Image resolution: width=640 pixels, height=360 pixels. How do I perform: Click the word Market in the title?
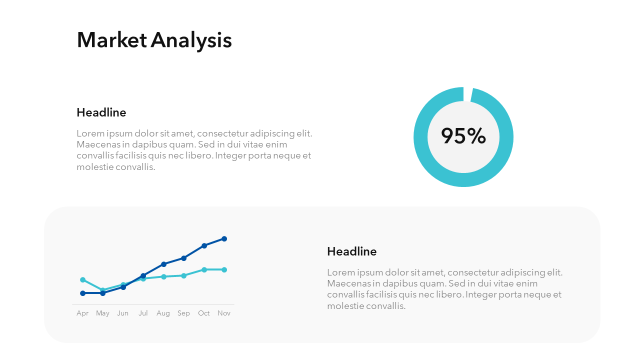112,40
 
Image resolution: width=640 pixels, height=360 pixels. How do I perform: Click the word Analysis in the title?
191,40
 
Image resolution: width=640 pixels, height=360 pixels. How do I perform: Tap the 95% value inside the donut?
463,136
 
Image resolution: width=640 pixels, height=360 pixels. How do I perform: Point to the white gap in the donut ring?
467,93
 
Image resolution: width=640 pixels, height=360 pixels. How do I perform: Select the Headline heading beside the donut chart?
101,112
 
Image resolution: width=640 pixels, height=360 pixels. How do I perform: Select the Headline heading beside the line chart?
351,251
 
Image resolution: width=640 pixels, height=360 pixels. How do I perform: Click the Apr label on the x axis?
82,313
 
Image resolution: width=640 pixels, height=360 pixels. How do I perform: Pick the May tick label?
102,313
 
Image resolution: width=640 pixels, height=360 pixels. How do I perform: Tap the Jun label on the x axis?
122,313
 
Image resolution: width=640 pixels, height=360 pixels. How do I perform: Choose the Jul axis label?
143,313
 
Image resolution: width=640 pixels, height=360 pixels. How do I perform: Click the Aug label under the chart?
163,313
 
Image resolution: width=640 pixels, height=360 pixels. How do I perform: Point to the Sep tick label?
183,313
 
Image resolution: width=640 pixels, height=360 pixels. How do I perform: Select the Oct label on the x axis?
204,313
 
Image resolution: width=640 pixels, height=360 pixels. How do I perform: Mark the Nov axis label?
224,313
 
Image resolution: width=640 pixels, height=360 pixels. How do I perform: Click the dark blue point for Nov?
224,238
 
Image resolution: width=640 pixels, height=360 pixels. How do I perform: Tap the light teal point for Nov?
224,269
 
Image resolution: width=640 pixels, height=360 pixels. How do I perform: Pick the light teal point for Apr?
82,279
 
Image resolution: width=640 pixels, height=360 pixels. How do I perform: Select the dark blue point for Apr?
82,293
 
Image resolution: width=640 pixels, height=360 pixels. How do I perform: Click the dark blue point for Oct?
204,245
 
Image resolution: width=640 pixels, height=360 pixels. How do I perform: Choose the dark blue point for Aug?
163,264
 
